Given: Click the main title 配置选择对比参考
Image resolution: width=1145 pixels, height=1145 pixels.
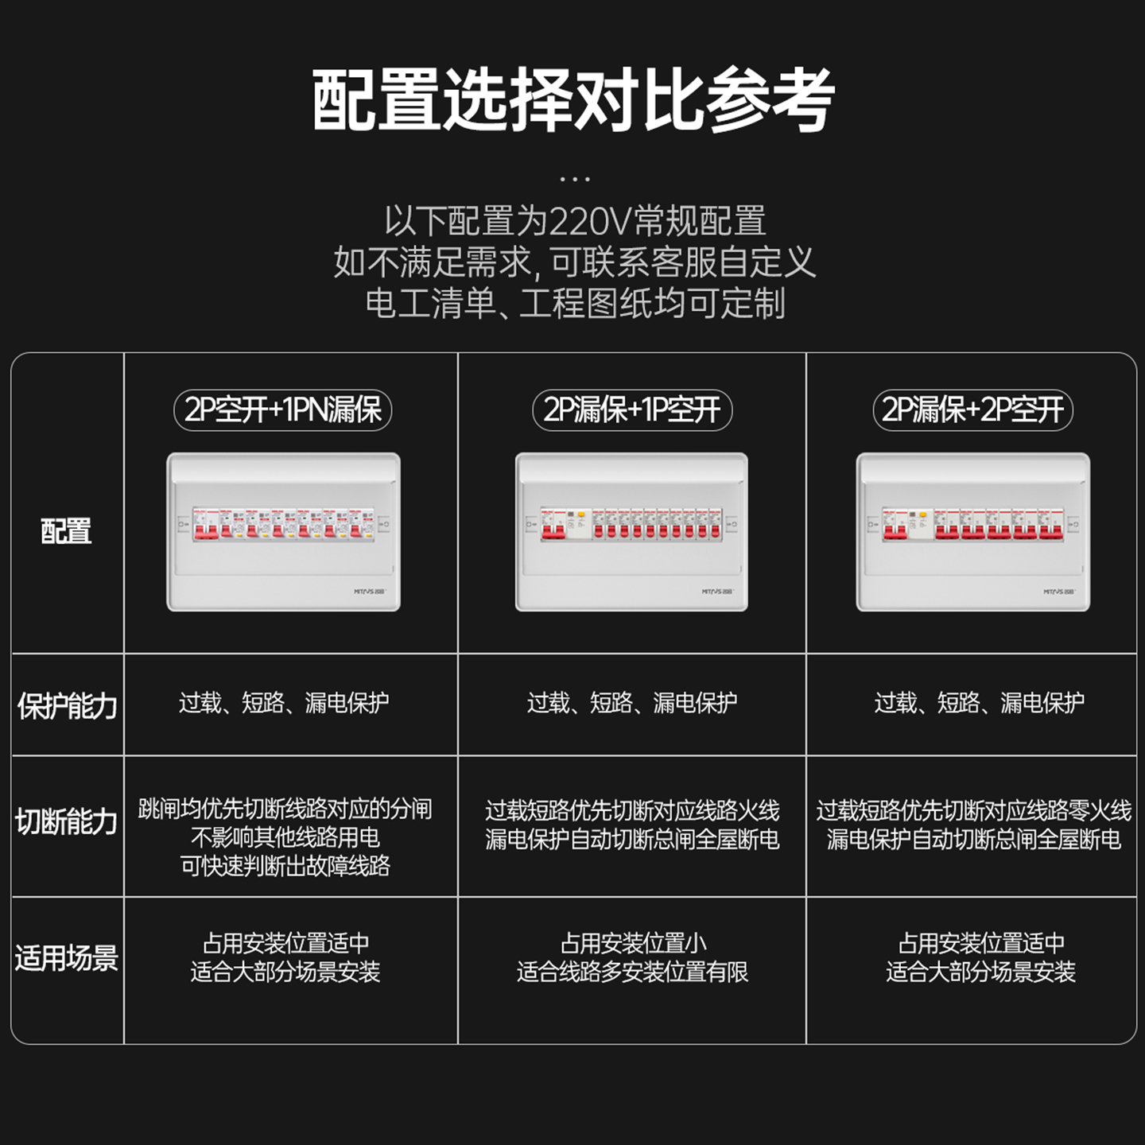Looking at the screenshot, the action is tap(572, 100).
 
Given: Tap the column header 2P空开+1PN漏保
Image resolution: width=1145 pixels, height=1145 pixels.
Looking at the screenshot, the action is tap(283, 410).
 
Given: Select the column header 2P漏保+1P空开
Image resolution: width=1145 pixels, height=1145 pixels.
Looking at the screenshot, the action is tap(632, 410).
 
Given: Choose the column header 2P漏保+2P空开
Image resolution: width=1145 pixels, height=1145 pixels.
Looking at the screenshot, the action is tap(972, 410).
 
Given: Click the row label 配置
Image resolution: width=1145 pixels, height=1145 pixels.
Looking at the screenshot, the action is tap(66, 531).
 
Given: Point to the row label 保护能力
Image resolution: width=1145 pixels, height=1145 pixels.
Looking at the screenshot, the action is tap(67, 705).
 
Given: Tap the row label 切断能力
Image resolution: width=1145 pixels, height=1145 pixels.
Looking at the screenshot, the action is tap(67, 822).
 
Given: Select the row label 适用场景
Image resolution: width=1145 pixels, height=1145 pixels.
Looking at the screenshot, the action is tap(67, 958).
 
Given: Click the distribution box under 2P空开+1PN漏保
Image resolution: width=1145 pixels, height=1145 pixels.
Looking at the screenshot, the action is tap(283, 532).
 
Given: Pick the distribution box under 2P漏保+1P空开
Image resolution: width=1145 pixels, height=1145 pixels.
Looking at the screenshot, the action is tap(631, 532).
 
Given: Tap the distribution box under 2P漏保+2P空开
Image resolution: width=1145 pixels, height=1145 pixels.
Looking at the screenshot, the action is tap(972, 532).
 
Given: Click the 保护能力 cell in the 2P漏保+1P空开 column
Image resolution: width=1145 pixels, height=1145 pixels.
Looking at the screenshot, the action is tap(632, 703).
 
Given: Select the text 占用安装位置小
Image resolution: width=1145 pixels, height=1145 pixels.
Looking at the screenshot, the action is tap(633, 944).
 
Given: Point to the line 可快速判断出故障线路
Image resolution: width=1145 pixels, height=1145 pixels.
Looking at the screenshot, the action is tap(285, 866).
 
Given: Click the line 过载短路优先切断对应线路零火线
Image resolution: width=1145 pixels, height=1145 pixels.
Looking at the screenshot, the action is tap(973, 811).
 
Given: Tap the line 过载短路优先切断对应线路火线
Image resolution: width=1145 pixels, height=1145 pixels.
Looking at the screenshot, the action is tap(632, 811).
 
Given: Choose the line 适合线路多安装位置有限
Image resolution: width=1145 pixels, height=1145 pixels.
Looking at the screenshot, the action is tap(632, 972).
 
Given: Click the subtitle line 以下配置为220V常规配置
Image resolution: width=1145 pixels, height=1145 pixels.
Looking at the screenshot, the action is tap(574, 221).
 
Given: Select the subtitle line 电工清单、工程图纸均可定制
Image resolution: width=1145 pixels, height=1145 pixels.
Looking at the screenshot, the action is tap(574, 304).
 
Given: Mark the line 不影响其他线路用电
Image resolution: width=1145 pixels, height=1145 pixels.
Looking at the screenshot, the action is tap(285, 837).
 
